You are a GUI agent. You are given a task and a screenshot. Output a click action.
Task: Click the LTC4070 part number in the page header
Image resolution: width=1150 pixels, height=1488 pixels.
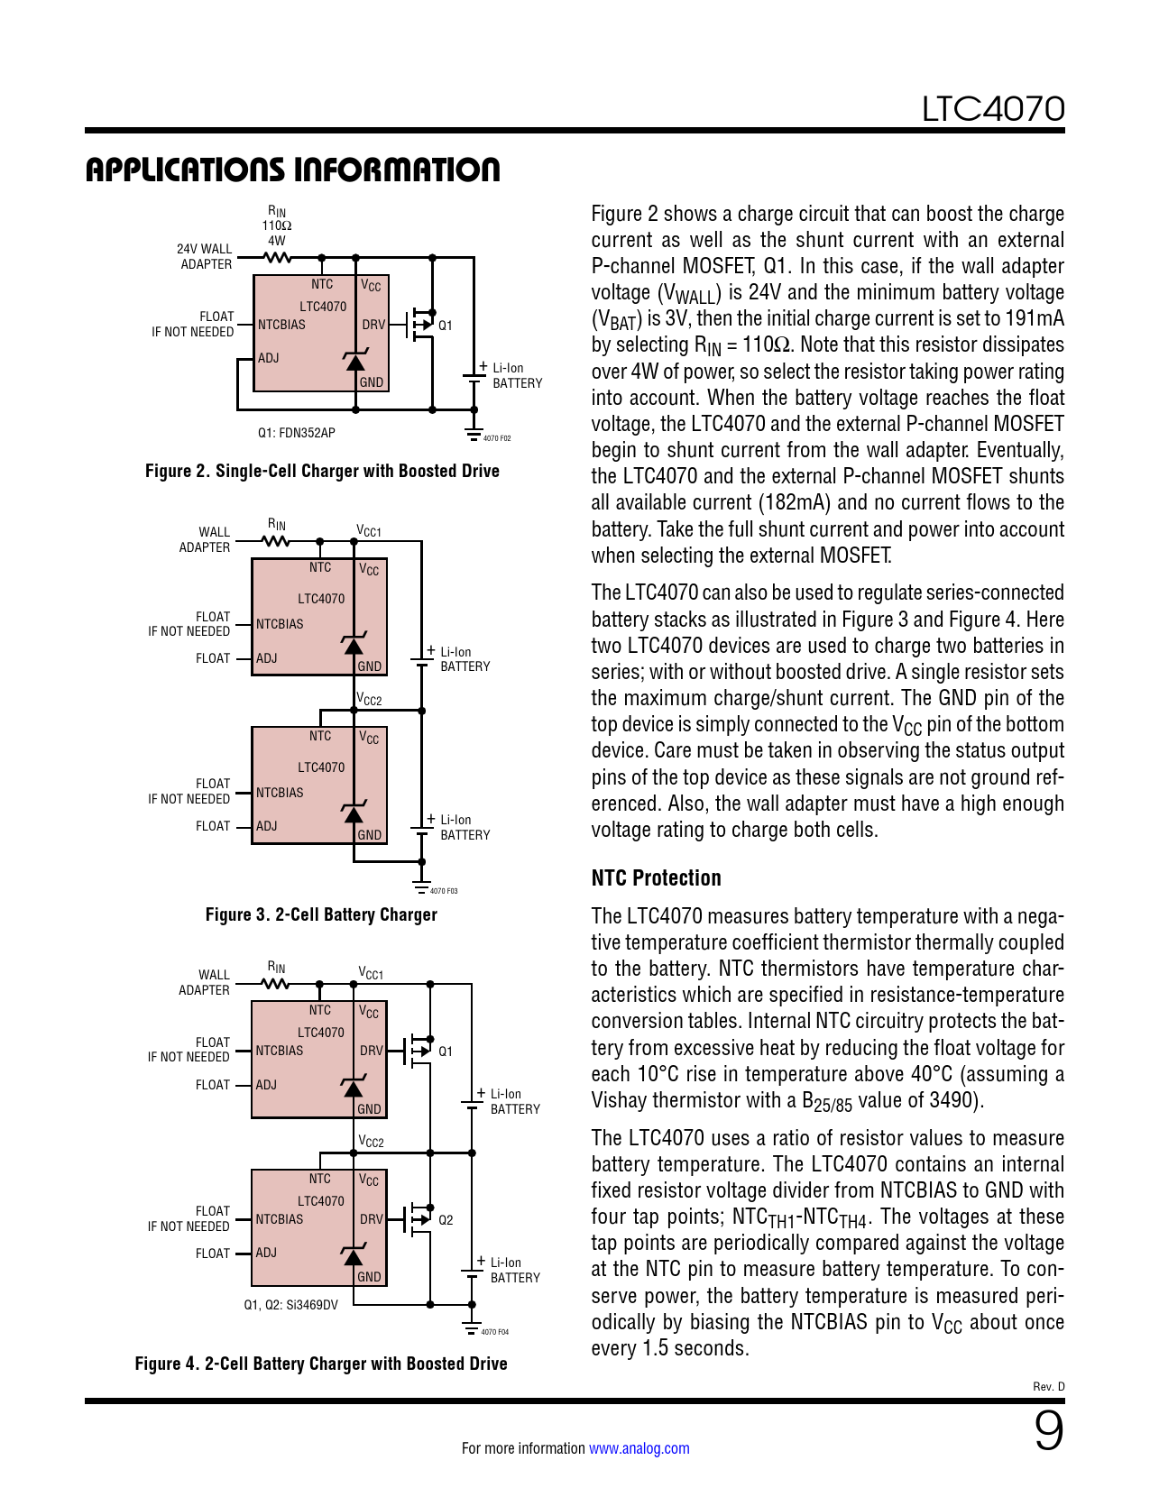click(x=992, y=109)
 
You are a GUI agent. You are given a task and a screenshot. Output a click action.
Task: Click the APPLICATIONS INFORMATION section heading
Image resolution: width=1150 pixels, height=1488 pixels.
click(x=292, y=170)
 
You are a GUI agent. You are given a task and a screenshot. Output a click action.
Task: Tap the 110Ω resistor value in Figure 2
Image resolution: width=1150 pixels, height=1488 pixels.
click(x=277, y=226)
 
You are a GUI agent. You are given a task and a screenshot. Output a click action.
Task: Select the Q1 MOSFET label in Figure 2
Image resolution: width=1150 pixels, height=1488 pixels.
click(x=446, y=326)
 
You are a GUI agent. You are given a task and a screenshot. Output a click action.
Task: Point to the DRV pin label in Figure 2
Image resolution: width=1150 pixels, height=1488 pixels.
click(x=373, y=325)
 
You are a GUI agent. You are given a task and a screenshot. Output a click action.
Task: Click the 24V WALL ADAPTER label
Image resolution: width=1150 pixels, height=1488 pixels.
click(x=205, y=256)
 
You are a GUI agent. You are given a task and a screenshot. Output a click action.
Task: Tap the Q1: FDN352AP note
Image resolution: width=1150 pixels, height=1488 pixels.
click(x=296, y=433)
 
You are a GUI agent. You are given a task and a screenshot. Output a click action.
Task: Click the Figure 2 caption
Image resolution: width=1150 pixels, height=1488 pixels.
click(x=322, y=471)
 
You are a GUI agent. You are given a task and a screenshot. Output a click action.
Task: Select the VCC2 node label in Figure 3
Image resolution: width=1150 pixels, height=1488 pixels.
click(x=369, y=700)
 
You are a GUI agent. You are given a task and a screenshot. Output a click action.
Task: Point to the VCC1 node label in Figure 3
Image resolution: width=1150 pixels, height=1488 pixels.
click(x=369, y=531)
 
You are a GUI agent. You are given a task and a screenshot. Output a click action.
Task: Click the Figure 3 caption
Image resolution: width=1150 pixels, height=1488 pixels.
click(x=321, y=914)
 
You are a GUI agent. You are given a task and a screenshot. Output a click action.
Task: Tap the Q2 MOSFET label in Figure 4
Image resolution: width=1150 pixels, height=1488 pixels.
click(x=446, y=1220)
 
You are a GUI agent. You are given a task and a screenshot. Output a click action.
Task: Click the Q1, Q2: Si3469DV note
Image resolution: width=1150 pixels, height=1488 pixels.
click(x=290, y=1305)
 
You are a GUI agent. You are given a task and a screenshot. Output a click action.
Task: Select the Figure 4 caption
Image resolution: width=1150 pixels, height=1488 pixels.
click(x=321, y=1364)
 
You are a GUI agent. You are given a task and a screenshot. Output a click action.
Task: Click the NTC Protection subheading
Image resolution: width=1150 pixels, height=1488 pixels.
click(x=656, y=878)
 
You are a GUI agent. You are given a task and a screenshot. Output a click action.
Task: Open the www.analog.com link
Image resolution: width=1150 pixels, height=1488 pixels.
click(x=639, y=1448)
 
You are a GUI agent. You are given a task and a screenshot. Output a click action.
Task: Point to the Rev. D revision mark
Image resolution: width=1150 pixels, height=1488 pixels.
click(x=1048, y=1387)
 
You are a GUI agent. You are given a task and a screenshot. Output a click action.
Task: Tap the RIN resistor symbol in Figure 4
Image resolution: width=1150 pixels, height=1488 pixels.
click(x=276, y=984)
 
